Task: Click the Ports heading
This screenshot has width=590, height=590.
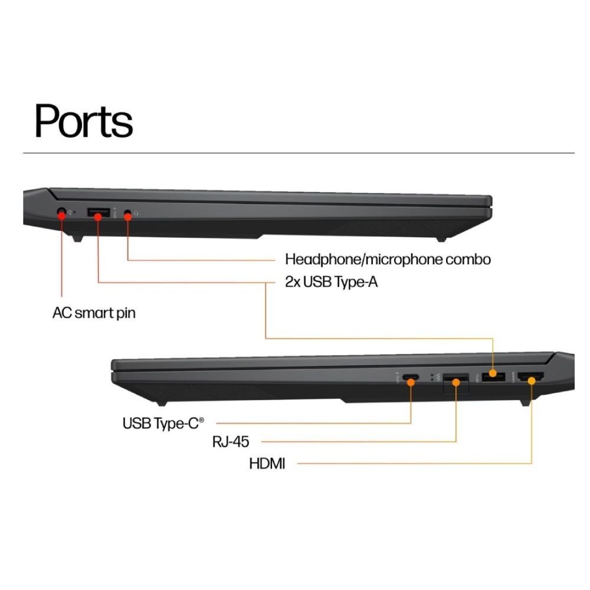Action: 84,121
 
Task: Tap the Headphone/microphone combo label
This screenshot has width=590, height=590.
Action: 388,259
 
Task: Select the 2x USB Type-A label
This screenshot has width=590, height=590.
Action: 331,281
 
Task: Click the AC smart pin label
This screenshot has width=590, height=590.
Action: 94,313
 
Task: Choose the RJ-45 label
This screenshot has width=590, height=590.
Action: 230,441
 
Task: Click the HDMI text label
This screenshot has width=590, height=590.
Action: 267,463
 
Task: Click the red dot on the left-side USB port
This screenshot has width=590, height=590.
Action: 98,217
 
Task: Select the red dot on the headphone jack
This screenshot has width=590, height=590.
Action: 127,217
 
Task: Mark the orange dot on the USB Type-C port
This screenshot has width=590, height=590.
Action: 411,382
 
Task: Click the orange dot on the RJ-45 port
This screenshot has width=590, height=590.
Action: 455,383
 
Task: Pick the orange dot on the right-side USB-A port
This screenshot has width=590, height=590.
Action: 493,374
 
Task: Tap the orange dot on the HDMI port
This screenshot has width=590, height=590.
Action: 532,381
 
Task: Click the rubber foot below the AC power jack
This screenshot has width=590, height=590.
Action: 77,238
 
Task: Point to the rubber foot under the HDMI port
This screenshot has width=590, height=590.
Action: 525,403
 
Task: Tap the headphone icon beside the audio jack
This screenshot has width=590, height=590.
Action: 136,214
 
